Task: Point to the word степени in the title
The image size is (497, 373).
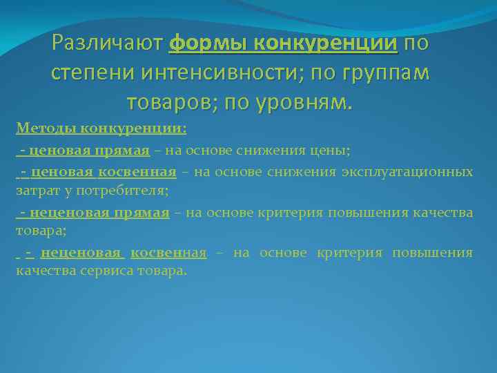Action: [90, 73]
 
